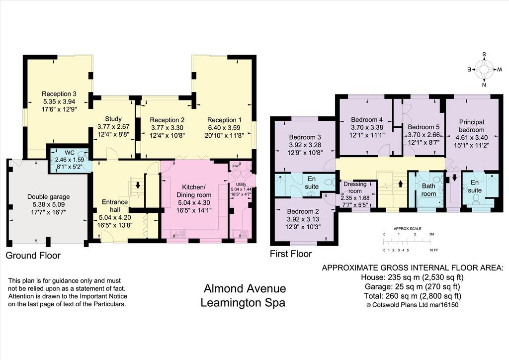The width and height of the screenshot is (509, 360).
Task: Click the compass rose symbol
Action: (x=484, y=70)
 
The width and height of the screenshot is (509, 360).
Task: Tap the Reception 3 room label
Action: (x=59, y=94)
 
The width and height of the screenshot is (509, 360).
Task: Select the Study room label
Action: (x=113, y=119)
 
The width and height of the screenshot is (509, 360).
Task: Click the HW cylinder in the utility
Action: (x=236, y=166)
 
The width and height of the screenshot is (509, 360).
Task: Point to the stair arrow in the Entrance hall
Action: (x=138, y=185)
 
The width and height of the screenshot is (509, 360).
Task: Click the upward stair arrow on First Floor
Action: (x=400, y=184)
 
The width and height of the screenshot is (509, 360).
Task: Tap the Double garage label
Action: (x=48, y=197)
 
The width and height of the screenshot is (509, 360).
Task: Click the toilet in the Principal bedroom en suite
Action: (x=477, y=198)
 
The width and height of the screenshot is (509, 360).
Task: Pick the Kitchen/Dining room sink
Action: (x=178, y=233)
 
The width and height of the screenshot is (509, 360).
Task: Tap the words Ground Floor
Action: (x=33, y=256)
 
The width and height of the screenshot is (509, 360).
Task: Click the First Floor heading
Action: (x=291, y=254)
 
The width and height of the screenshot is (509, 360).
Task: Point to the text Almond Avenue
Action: (x=245, y=288)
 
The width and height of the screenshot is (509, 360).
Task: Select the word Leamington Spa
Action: (x=243, y=302)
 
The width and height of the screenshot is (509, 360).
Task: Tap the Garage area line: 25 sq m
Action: (x=413, y=286)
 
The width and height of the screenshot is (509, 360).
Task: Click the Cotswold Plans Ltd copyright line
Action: (x=412, y=305)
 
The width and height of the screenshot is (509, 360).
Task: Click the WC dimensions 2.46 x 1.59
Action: (x=70, y=160)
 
